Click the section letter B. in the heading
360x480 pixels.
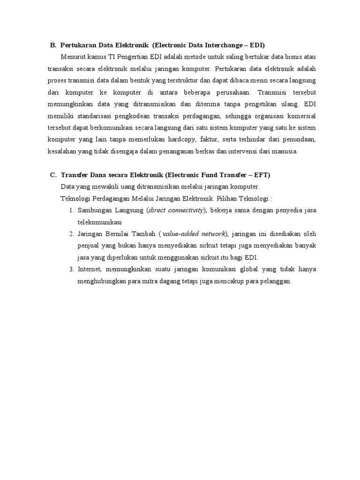point(53,45)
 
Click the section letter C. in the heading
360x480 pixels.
point(53,175)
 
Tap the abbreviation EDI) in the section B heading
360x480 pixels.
point(257,45)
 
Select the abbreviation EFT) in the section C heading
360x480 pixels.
point(262,175)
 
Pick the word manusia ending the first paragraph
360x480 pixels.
point(286,151)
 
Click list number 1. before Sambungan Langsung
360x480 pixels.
point(72,210)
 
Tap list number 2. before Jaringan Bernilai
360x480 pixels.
point(72,234)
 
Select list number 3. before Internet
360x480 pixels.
point(72,269)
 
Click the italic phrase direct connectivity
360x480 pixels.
point(176,210)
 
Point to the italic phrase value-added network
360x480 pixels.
point(194,234)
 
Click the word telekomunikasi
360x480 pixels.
point(100,222)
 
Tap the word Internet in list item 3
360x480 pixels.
point(89,269)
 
